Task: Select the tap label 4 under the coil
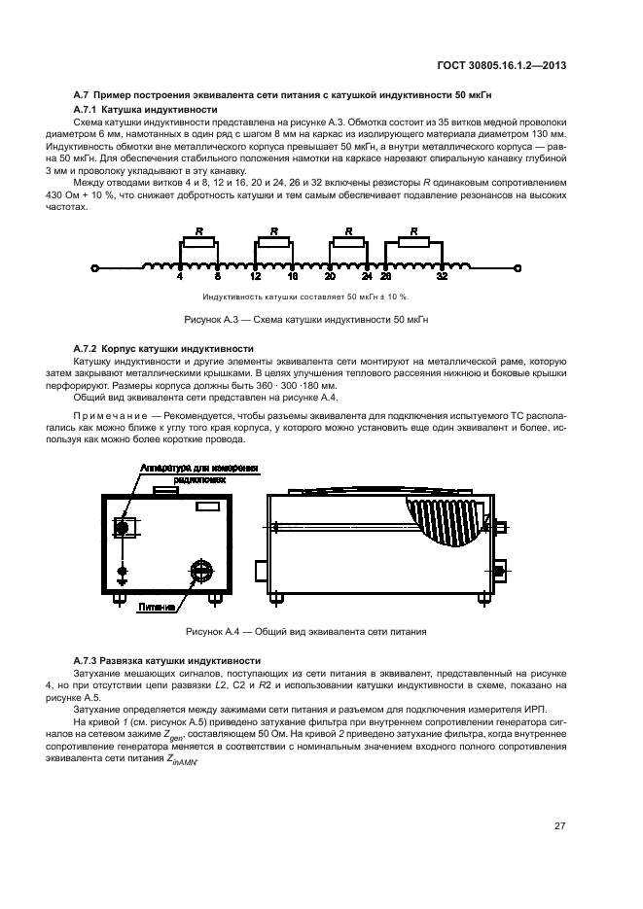coord(180,277)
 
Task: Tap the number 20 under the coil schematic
coord(331,277)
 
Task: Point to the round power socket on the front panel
coord(200,570)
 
